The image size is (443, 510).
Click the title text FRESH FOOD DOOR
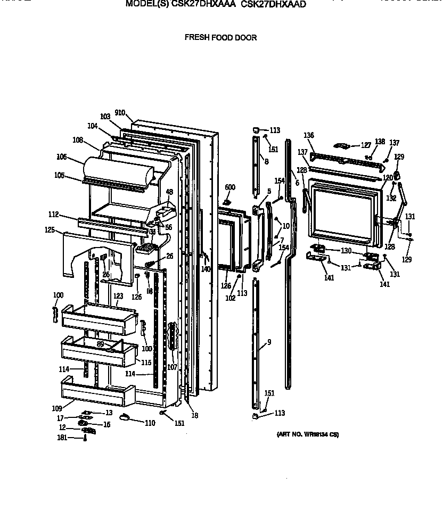(x=220, y=37)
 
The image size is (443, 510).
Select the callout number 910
(x=119, y=113)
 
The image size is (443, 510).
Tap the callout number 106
(x=62, y=157)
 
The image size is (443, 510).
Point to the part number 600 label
(x=229, y=187)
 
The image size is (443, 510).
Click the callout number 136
(x=309, y=135)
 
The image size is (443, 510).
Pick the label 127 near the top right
(x=366, y=145)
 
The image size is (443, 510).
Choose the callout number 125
(x=50, y=230)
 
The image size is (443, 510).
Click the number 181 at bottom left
(x=62, y=438)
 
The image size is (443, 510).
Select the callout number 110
(x=150, y=423)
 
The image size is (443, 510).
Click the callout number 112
(x=53, y=215)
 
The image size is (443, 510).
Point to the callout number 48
(x=169, y=192)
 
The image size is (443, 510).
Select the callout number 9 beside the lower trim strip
(x=269, y=342)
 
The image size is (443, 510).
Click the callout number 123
(x=118, y=296)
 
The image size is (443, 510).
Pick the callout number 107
(x=171, y=367)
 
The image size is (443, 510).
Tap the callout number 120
(x=388, y=177)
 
